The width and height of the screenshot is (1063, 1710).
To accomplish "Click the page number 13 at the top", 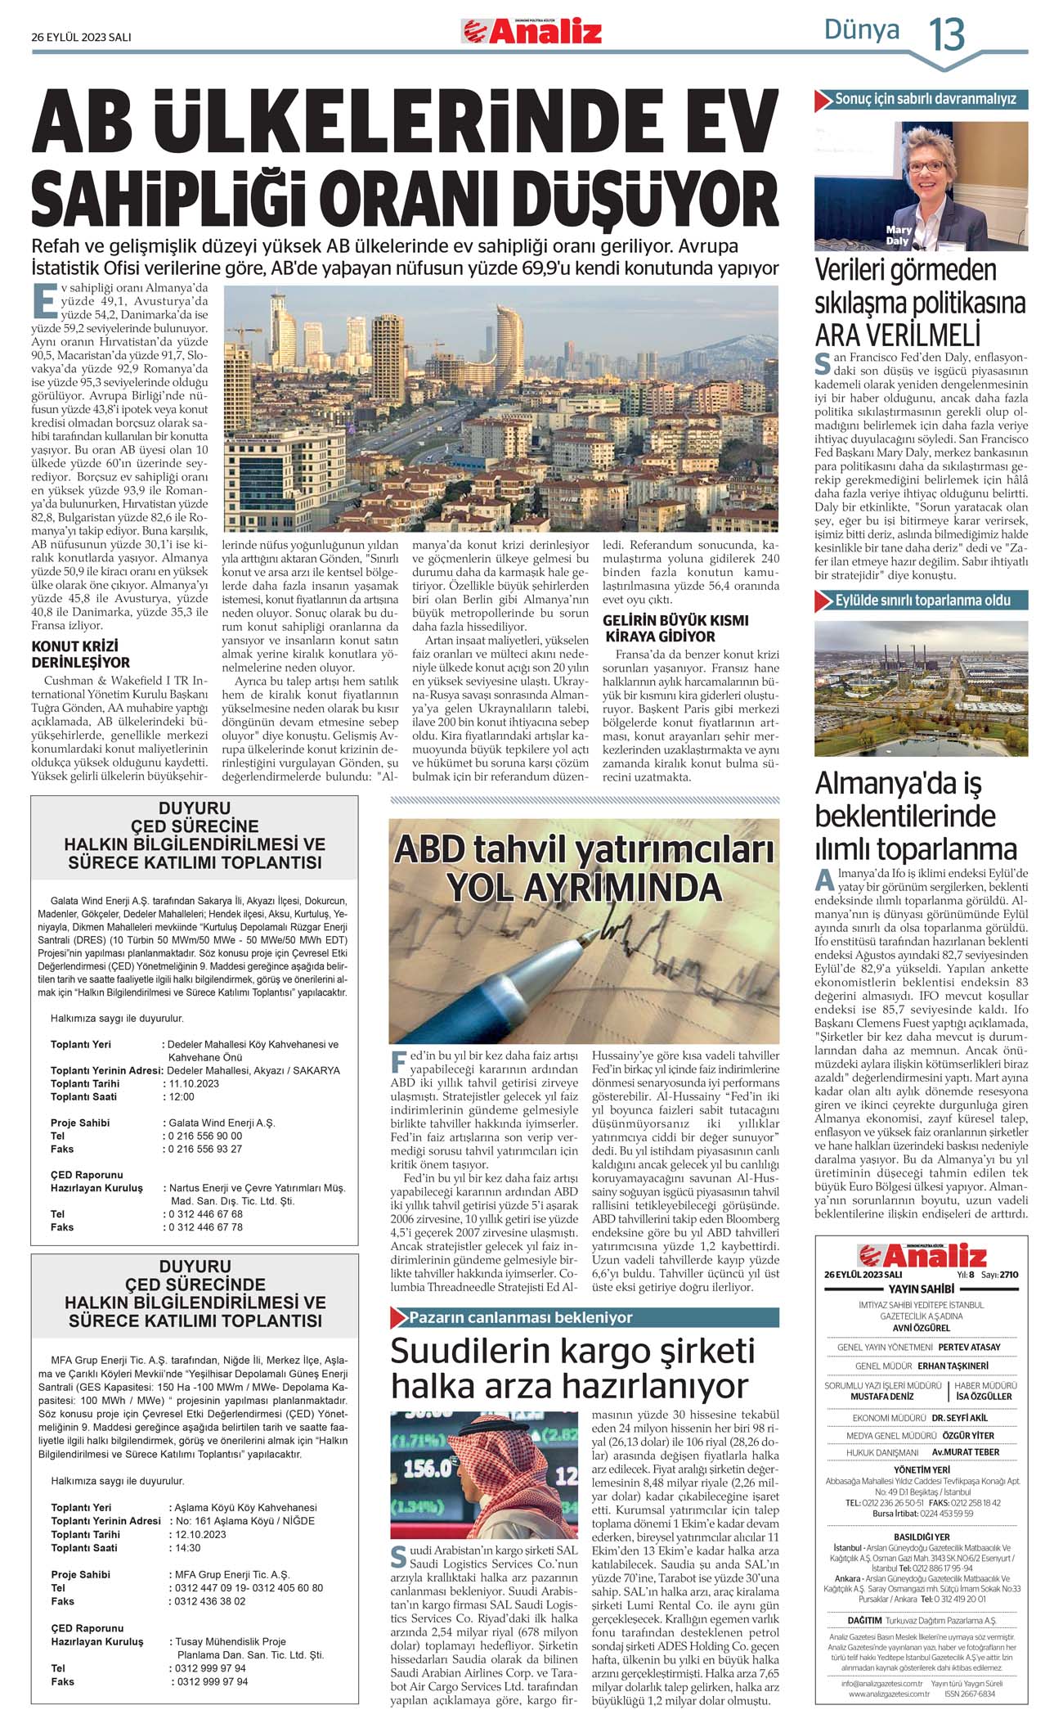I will pos(947,34).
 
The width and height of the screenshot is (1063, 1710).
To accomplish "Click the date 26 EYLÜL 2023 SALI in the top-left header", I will pos(81,37).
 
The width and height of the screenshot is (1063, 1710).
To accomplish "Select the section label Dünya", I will pos(861,30).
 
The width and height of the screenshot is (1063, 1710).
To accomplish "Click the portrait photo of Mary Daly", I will pos(921,186).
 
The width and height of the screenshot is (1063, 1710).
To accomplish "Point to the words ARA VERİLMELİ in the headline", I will pos(897,335).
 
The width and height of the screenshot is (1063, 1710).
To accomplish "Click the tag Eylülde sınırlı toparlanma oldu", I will pos(922,601).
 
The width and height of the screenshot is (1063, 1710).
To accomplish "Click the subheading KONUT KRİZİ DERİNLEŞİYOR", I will pos(81,654).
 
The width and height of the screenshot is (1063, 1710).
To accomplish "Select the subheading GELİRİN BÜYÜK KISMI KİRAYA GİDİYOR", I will pos(664,628).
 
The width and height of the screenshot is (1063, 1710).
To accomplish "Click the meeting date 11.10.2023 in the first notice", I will pos(194,1083).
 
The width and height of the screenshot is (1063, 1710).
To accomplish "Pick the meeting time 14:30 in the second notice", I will pos(187,1548).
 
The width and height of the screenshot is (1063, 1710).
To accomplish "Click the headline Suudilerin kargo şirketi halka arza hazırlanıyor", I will pos(572,1368).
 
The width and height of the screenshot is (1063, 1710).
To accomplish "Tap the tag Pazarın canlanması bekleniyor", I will pos(521,1318).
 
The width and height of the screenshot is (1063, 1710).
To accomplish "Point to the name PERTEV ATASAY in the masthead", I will pos(969,1347).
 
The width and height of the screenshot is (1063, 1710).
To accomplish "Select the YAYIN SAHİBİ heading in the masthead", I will pos(921,1289).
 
